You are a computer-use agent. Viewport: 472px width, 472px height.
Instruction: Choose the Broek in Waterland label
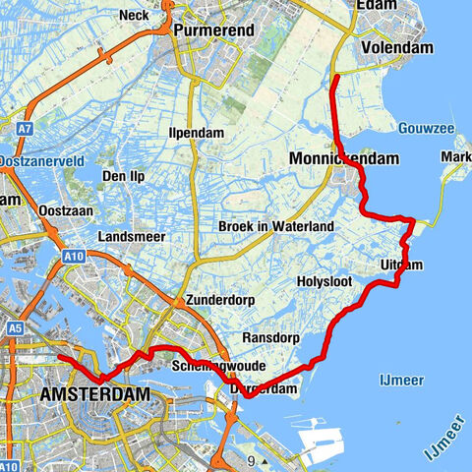pos(277,226)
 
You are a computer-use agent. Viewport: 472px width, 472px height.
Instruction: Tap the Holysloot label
pos(325,282)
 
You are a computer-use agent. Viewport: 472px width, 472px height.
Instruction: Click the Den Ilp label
pos(126,177)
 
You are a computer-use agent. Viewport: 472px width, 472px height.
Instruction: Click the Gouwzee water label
pos(425,129)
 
